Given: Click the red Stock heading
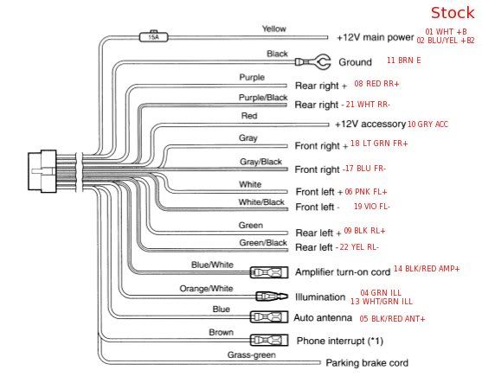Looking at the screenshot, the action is tap(453, 13).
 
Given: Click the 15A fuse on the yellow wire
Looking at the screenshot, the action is tap(154, 37).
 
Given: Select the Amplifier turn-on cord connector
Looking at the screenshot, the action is tap(269, 272).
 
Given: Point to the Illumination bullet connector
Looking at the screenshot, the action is tap(272, 297).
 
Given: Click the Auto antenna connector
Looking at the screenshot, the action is tap(269, 317).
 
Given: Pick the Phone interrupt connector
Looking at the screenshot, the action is tap(269, 341).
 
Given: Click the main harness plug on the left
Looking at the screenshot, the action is tap(42, 171).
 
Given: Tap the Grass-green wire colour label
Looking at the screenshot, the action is tap(252, 355).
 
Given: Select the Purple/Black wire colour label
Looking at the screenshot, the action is tap(263, 98).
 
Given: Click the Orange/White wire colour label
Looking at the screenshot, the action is tap(206, 289).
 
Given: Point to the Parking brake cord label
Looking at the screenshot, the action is tap(367, 363).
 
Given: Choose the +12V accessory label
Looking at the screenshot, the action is tap(370, 124).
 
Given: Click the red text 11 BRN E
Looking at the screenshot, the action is tap(403, 61).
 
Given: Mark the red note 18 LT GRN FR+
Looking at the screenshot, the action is tap(379, 144).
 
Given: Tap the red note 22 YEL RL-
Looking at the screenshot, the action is tap(359, 247).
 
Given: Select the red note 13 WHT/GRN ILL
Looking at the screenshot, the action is tap(382, 302).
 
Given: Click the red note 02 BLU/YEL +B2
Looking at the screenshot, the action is tap(446, 41).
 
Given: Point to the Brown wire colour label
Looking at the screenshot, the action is tap(221, 332).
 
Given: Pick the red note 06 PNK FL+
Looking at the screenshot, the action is tap(366, 192).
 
